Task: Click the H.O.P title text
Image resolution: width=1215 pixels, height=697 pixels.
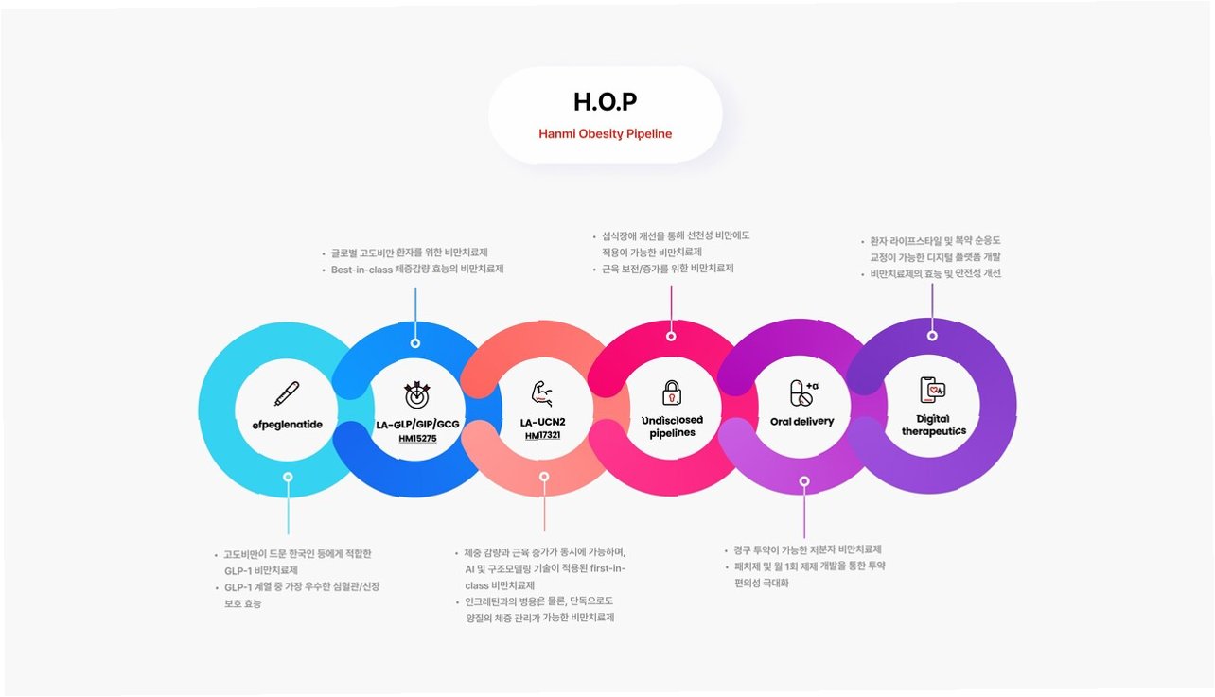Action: [x=605, y=101]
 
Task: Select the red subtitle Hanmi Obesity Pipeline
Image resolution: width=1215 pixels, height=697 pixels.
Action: [x=605, y=134]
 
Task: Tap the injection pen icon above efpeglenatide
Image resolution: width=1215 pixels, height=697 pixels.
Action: [x=287, y=393]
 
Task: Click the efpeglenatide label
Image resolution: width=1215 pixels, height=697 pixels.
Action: [x=287, y=425]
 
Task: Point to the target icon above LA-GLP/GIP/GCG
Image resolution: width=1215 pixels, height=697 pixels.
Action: [x=416, y=393]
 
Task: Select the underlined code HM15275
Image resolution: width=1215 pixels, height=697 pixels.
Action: [x=417, y=439]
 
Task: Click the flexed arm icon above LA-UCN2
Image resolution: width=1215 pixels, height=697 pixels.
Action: [x=542, y=391]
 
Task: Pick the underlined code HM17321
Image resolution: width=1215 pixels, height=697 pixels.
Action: [x=542, y=435]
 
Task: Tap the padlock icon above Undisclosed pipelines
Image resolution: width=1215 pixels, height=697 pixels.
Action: [x=671, y=392]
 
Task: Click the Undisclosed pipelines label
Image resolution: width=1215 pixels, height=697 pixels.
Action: [x=672, y=427]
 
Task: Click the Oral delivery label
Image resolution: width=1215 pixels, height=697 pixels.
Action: [x=801, y=422]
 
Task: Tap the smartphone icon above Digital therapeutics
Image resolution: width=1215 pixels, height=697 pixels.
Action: [x=932, y=390]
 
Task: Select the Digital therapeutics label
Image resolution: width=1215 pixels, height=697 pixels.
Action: [x=932, y=425]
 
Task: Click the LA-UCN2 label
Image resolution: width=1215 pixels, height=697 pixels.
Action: [x=542, y=422]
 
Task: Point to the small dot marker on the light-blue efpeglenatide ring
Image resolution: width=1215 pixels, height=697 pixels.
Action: [x=288, y=478]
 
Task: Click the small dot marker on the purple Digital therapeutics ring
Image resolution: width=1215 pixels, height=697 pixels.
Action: [x=932, y=335]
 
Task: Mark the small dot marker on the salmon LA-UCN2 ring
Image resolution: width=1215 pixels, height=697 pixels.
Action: [x=544, y=477]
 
